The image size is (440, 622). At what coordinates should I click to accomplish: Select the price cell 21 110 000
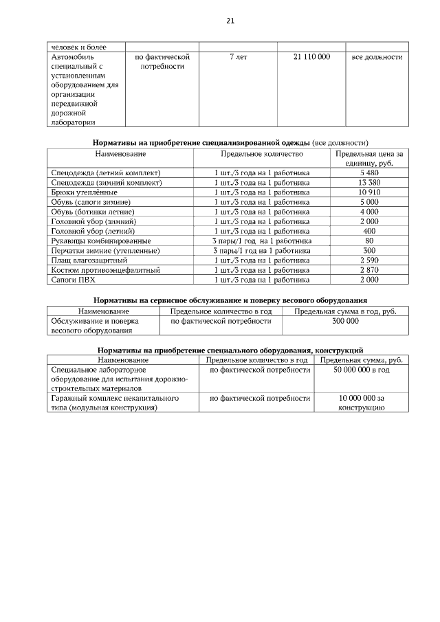311,57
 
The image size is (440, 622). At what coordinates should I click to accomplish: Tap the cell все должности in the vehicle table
377,57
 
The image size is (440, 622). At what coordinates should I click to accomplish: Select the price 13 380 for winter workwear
369,183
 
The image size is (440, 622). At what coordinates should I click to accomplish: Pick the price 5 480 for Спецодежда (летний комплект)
369,173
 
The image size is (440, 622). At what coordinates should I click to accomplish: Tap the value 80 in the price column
369,241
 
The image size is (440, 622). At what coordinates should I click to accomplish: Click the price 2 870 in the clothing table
369,271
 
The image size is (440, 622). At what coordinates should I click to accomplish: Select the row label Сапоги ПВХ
71,280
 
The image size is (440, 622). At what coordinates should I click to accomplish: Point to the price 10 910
369,192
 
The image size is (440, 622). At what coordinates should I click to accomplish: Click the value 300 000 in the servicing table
345,321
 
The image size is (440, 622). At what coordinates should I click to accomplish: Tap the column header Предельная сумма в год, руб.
345,311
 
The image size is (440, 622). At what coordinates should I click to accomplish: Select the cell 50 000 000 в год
362,370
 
